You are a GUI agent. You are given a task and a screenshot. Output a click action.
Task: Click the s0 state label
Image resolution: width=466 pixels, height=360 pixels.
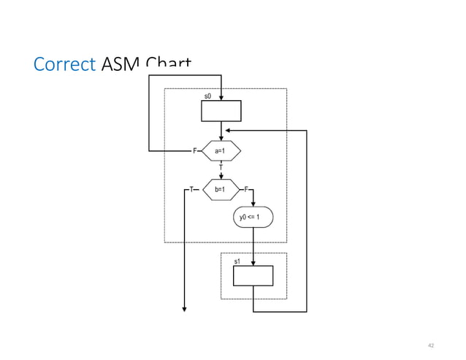207,96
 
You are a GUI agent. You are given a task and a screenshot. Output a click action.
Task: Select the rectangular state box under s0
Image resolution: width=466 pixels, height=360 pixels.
221,110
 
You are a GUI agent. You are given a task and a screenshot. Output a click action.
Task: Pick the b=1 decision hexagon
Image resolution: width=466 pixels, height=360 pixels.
221,189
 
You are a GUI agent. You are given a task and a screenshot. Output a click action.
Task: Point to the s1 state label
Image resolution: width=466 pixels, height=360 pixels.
237,261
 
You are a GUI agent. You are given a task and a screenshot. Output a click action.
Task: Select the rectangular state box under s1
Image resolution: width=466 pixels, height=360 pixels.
253,275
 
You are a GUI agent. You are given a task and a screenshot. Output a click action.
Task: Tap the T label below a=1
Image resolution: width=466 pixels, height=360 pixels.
221,167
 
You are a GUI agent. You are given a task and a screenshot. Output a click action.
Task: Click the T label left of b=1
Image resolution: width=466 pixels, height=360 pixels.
191,189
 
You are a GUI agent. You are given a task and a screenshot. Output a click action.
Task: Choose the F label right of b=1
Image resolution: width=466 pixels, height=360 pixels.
246,189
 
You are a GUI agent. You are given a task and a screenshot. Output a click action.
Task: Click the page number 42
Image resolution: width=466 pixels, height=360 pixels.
431,344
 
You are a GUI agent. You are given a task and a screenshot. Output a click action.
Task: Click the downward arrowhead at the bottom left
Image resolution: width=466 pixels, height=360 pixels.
184,307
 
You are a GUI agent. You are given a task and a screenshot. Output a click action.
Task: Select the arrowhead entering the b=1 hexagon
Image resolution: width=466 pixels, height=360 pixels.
221,176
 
